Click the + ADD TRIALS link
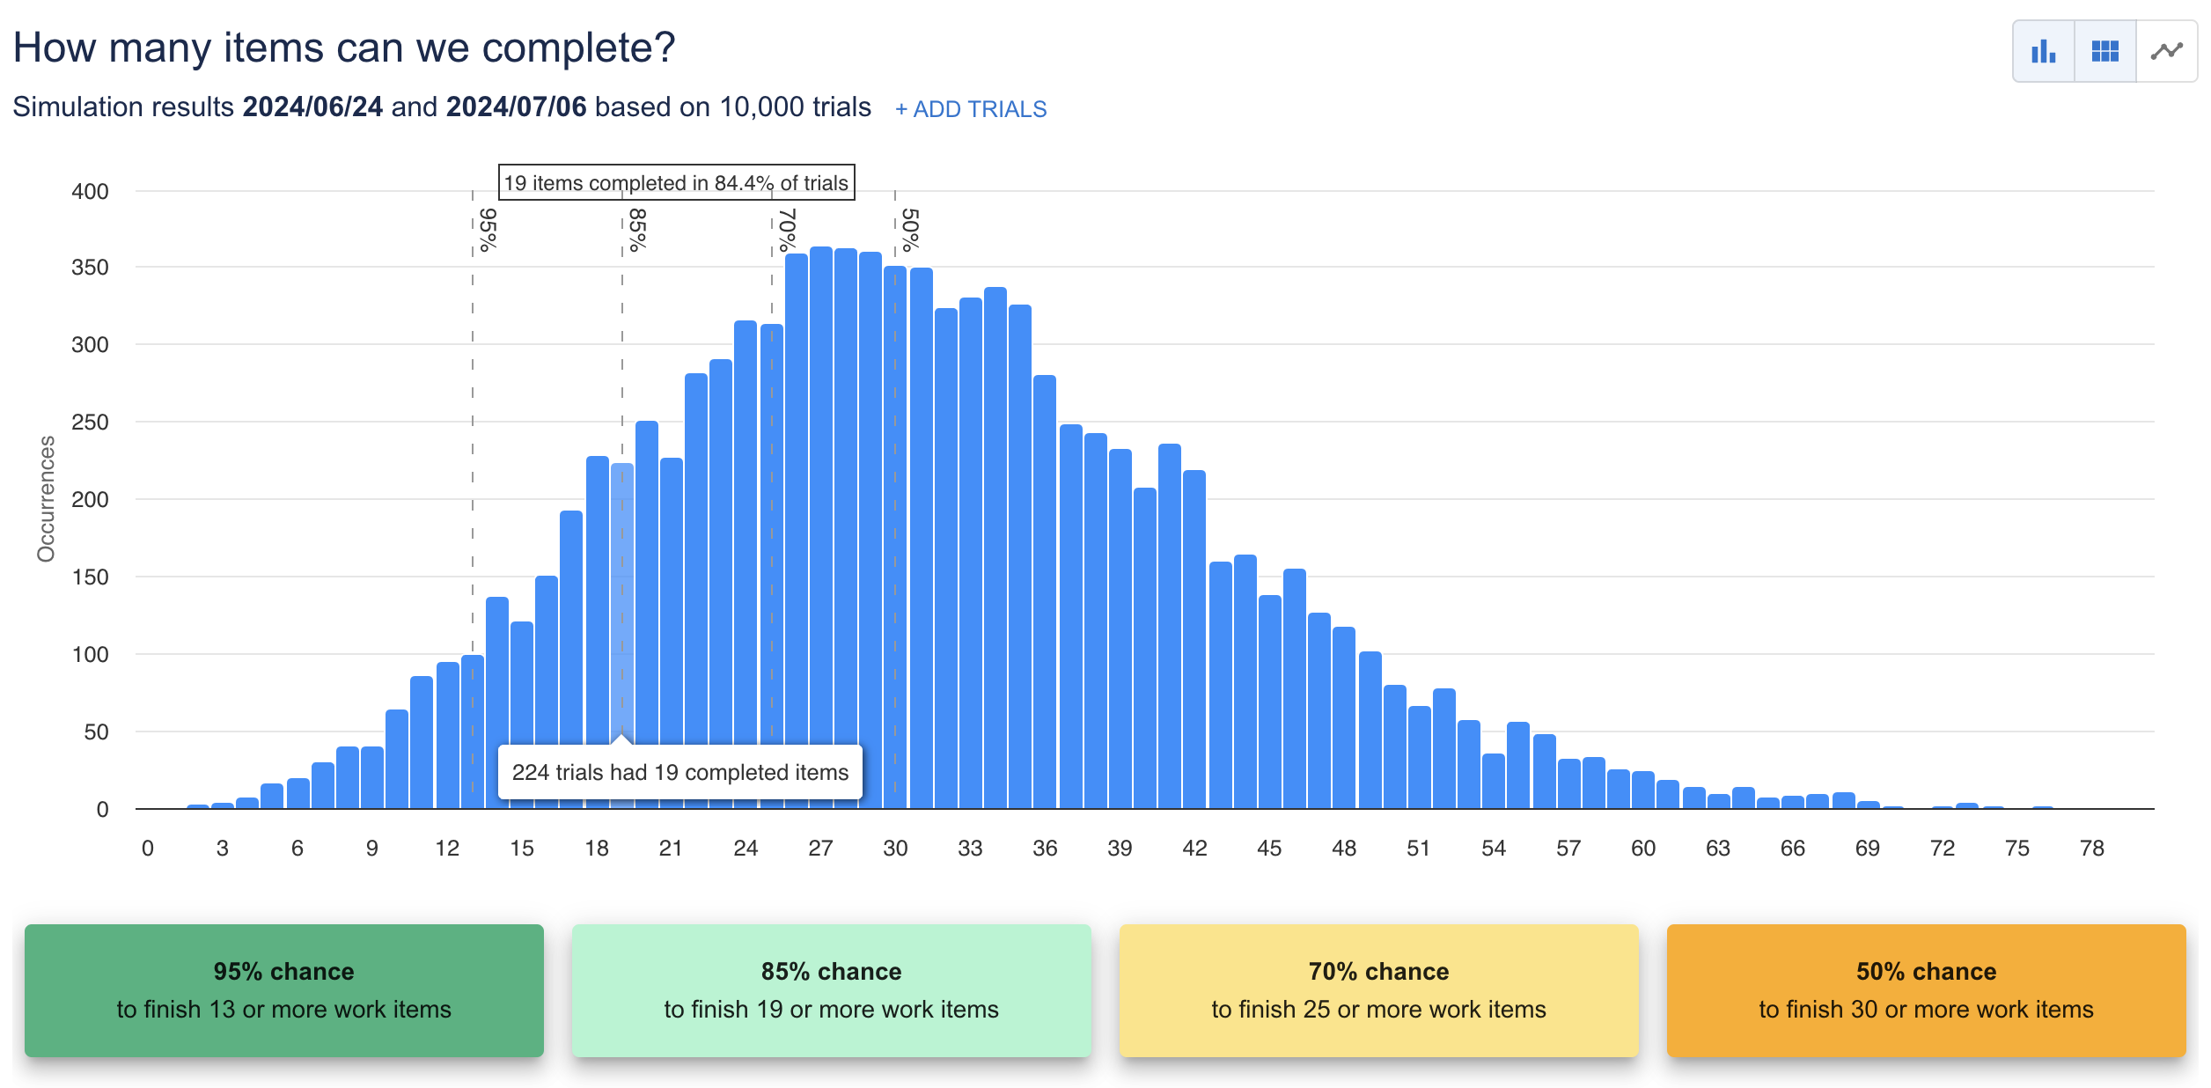pyautogui.click(x=971, y=109)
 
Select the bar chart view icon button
pyautogui.click(x=2043, y=52)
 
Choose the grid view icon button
pyautogui.click(x=2104, y=52)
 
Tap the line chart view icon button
pyautogui.click(x=2166, y=52)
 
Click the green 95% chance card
pyautogui.click(x=283, y=990)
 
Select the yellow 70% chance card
pyautogui.click(x=1378, y=990)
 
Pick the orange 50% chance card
pyautogui.click(x=1926, y=990)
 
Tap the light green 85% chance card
pyautogui.click(x=831, y=990)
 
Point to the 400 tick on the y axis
pyautogui.click(x=90, y=192)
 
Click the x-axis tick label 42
pyautogui.click(x=1194, y=849)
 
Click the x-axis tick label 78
pyautogui.click(x=2091, y=849)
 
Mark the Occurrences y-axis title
pyautogui.click(x=46, y=498)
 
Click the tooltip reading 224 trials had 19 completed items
pyautogui.click(x=679, y=772)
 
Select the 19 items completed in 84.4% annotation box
pyautogui.click(x=676, y=183)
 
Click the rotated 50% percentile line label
pyautogui.click(x=910, y=230)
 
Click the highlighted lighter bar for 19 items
pyautogui.click(x=622, y=599)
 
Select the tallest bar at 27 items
pyautogui.click(x=820, y=528)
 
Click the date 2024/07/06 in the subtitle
pyautogui.click(x=516, y=107)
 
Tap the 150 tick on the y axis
pyautogui.click(x=90, y=577)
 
